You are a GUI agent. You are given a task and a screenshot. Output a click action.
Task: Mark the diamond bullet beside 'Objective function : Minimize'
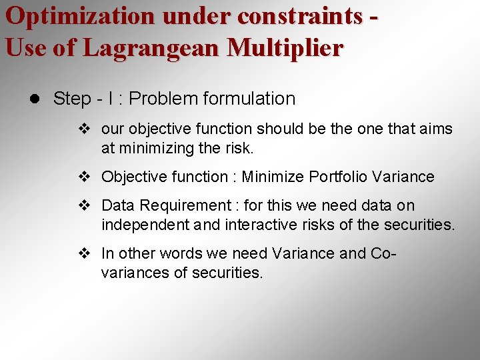83,177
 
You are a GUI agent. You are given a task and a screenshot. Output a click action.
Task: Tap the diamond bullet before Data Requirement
83,206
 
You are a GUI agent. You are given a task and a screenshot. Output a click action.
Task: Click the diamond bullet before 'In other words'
83,254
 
